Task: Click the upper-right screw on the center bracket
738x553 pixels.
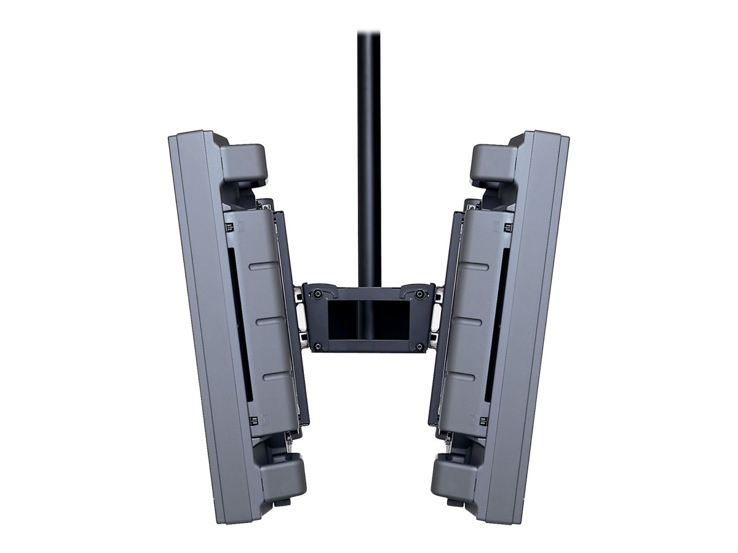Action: click(420, 294)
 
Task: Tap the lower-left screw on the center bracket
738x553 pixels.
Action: click(318, 347)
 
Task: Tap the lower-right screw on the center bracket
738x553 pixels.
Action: click(420, 347)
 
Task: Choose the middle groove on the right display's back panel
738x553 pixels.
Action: click(469, 319)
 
